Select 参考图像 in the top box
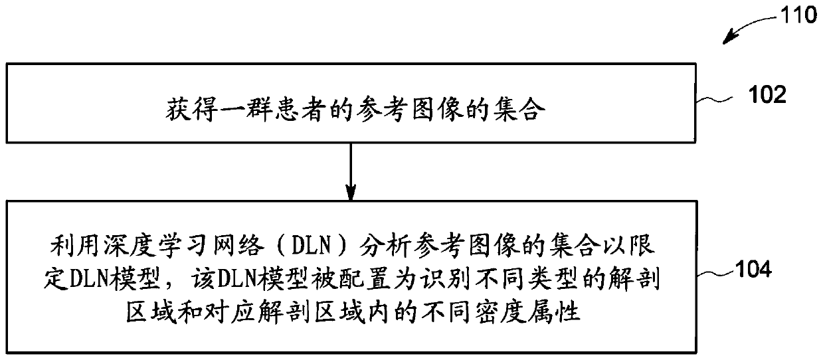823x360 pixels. point(383,110)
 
